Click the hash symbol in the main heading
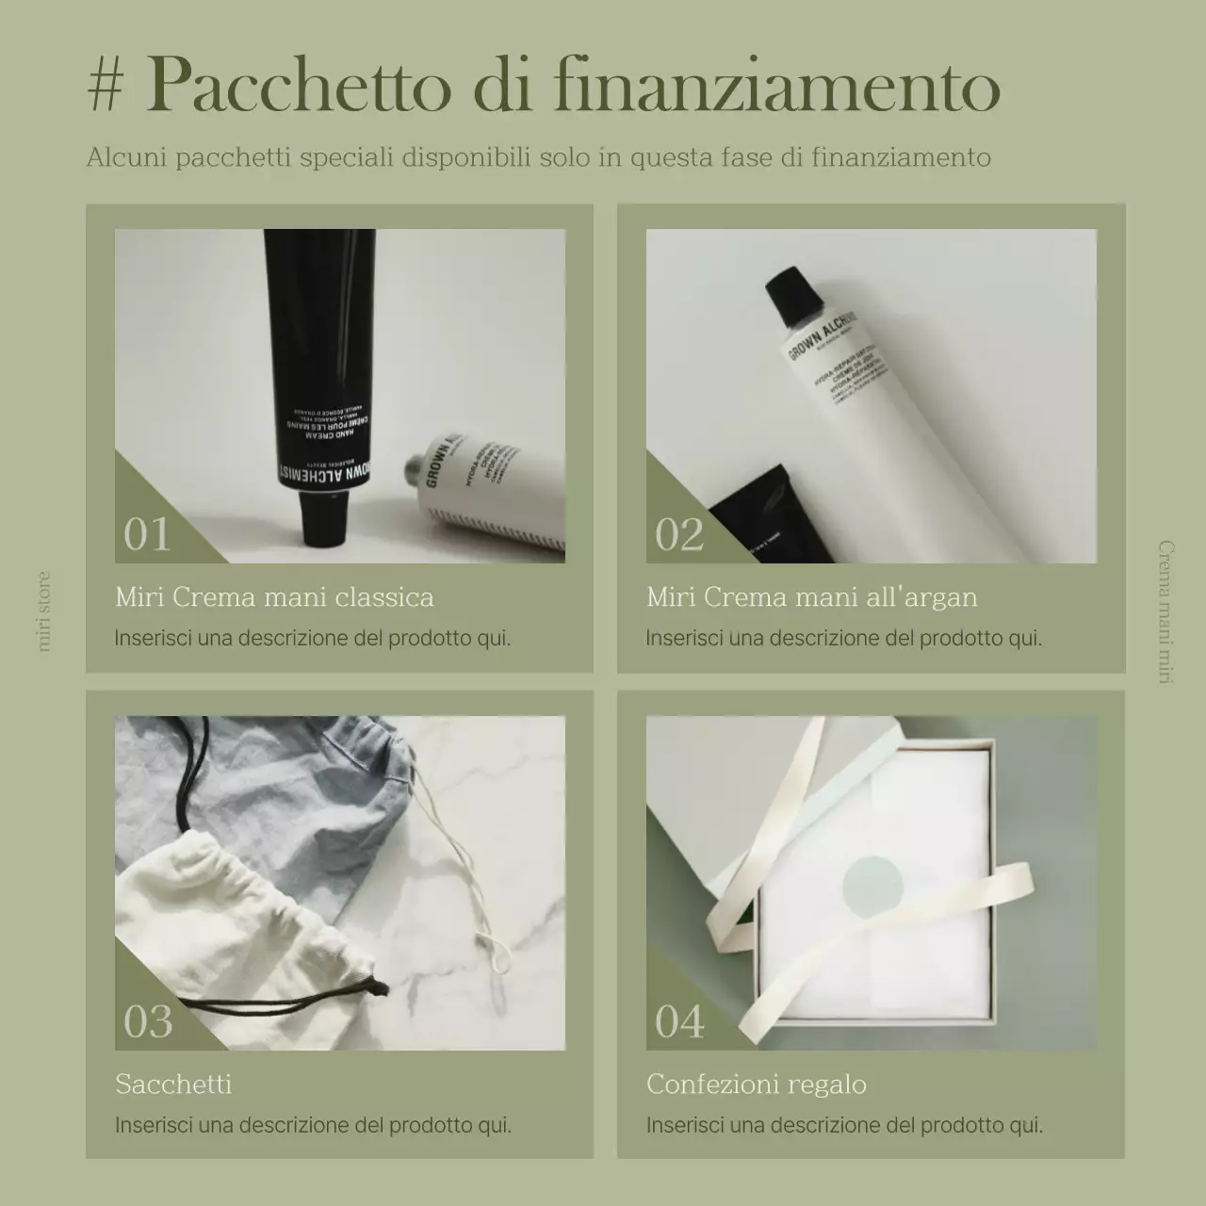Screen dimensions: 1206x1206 (105, 87)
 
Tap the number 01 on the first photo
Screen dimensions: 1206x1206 (147, 534)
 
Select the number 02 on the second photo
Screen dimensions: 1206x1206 (679, 534)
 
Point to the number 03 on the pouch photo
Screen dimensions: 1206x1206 (148, 1021)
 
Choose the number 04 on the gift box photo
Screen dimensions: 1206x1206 (679, 1021)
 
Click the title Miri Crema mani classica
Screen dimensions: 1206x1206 (274, 597)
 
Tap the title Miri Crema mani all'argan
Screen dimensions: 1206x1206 (812, 597)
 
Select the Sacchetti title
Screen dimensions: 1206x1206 (173, 1084)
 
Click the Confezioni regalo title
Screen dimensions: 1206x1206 (757, 1084)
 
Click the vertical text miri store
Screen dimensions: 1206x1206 (43, 611)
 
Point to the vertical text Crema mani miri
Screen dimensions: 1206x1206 (1165, 612)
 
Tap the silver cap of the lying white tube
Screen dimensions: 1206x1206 (412, 468)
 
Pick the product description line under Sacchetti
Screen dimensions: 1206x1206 (313, 1125)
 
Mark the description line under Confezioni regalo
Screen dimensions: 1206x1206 (844, 1125)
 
